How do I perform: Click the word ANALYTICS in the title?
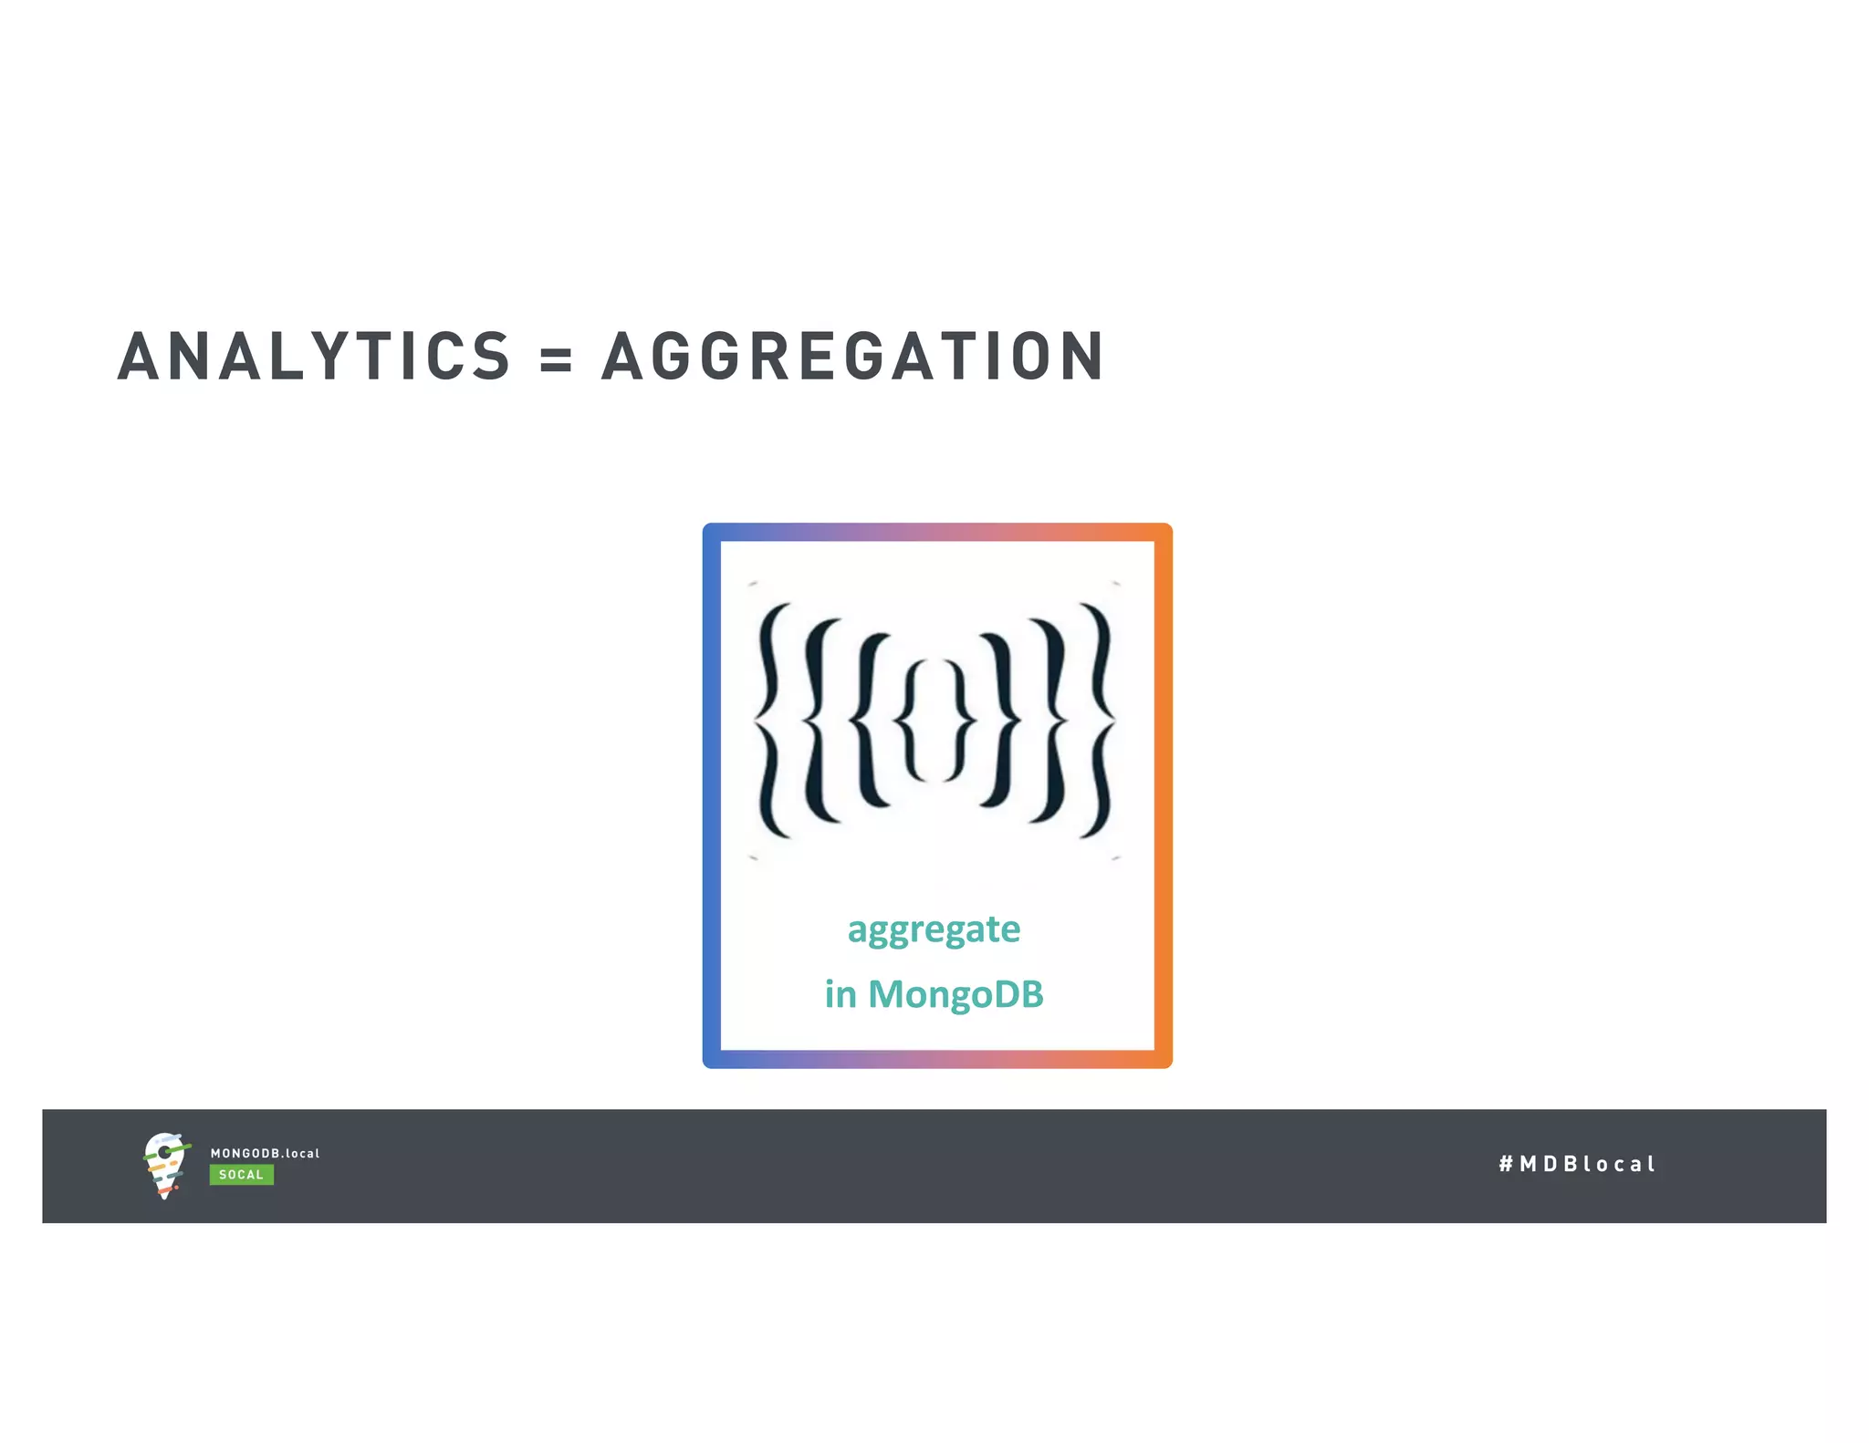[314, 356]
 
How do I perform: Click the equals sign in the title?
[555, 358]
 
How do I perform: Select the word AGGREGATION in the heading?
[853, 356]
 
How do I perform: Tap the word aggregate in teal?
[934, 930]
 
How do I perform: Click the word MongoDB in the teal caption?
[955, 994]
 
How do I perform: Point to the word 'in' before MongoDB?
[841, 994]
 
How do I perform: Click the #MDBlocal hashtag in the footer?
[1576, 1164]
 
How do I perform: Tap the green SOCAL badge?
[241, 1175]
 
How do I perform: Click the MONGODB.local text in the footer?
[265, 1153]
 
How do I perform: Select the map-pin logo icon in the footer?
[165, 1165]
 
